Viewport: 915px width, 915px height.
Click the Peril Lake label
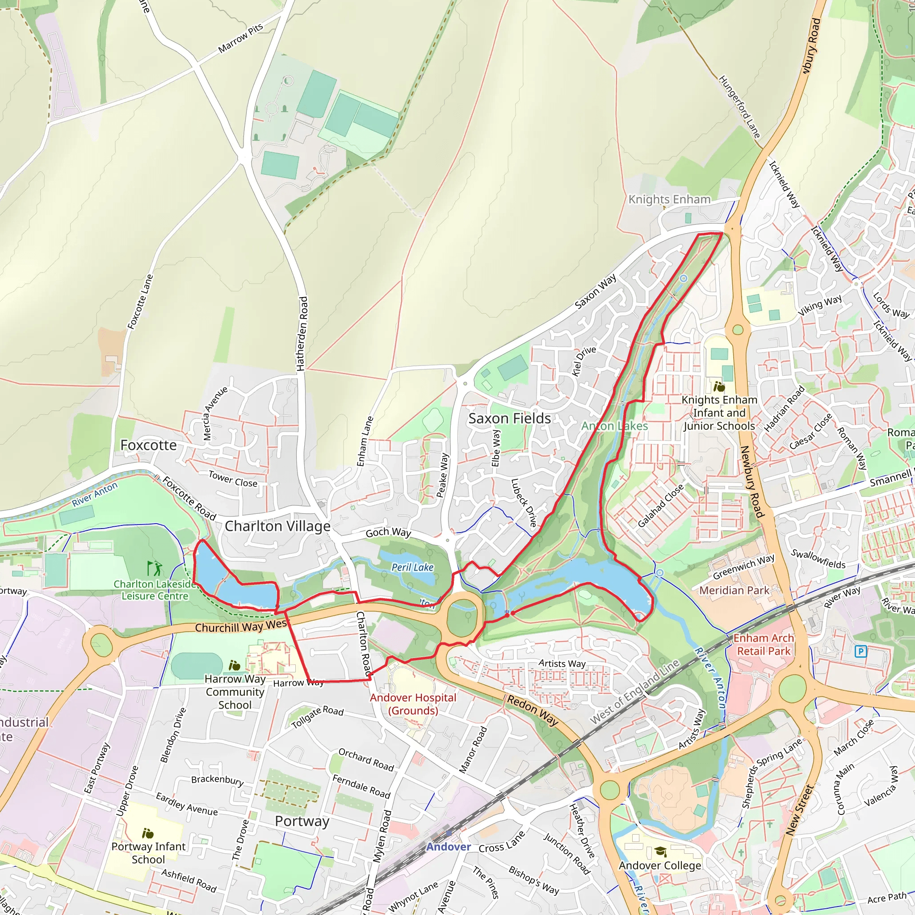click(412, 567)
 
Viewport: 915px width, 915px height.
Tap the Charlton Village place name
click(277, 526)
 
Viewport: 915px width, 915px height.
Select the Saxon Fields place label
click(509, 418)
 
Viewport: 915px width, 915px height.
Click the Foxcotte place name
click(148, 445)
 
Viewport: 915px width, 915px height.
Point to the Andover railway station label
click(448, 847)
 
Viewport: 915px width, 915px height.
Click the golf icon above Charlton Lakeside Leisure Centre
click(155, 568)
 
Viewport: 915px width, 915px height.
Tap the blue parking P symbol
click(860, 652)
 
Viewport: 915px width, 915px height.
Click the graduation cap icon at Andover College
click(660, 852)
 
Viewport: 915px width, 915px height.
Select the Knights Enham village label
click(669, 199)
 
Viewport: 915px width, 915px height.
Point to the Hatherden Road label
click(302, 333)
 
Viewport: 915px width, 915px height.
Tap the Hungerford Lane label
click(739, 107)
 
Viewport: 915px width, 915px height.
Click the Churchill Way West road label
click(241, 626)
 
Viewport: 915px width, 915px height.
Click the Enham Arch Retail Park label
click(764, 645)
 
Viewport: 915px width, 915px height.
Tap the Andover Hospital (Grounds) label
click(413, 704)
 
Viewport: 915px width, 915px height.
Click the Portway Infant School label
click(148, 852)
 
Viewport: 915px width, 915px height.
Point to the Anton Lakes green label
click(614, 426)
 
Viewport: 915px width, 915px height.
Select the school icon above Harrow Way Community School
click(235, 665)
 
